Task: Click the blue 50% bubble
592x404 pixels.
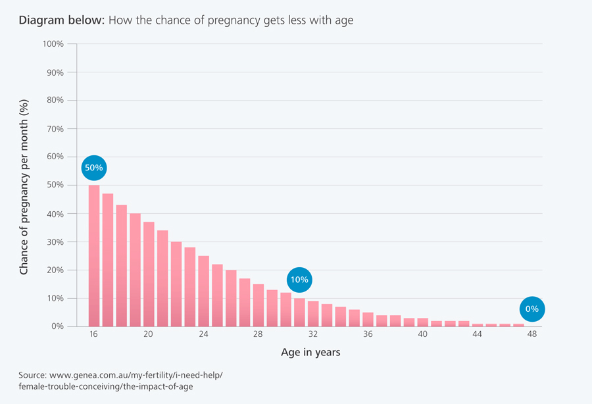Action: click(x=93, y=168)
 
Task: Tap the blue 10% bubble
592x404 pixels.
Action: click(x=299, y=280)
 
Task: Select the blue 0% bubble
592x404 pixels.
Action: click(x=532, y=309)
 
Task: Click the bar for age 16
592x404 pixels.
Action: click(x=94, y=257)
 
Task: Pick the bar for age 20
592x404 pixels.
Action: click(x=149, y=275)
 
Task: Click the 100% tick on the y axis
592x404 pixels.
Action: click(x=53, y=44)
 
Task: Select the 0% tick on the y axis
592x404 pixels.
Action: click(x=57, y=326)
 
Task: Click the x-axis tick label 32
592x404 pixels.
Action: click(x=313, y=334)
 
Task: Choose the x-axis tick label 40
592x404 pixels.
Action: click(x=422, y=334)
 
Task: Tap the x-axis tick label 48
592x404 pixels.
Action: click(x=532, y=334)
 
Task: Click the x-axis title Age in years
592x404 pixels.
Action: click(x=310, y=353)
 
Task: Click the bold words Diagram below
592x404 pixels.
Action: click(x=61, y=20)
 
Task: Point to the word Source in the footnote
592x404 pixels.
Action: click(x=34, y=375)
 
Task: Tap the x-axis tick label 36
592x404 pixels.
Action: click(x=368, y=334)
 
